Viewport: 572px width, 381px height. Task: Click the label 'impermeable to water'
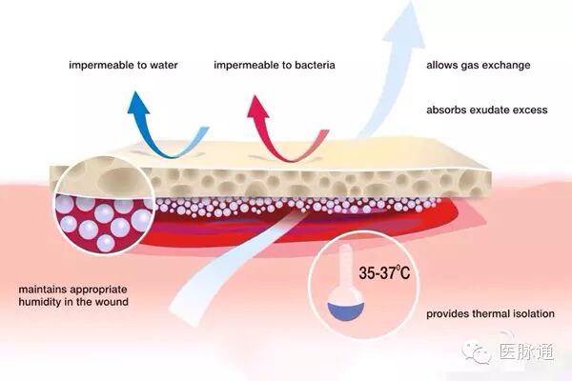(x=123, y=67)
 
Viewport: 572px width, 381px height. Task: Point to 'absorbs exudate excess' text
(x=486, y=110)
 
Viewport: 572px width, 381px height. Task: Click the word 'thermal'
(x=484, y=313)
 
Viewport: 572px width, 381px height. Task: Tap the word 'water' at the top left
(x=163, y=67)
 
